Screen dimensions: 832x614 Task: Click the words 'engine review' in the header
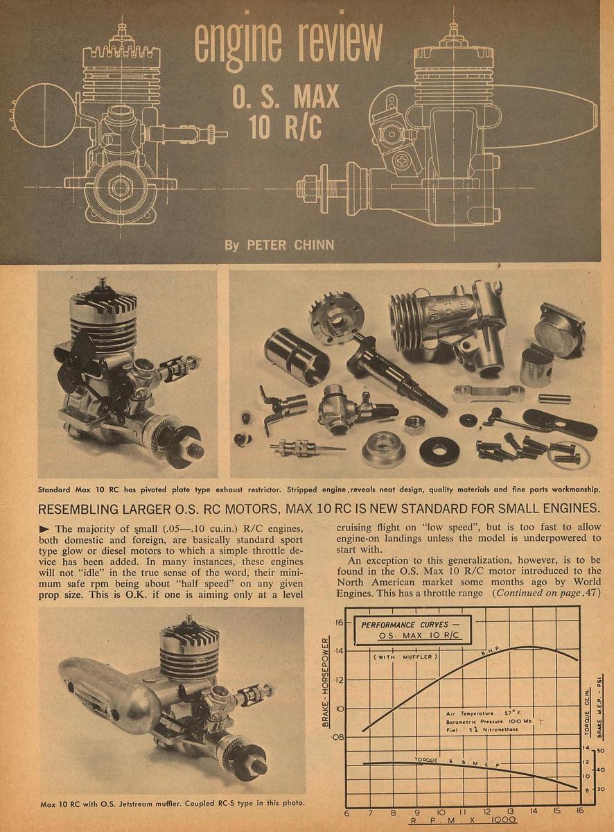coord(288,43)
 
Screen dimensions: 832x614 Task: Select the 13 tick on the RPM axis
coord(510,811)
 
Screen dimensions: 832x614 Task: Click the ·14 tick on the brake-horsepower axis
coord(339,651)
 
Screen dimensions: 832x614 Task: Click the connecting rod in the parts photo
coord(489,394)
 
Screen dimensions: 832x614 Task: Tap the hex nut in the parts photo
coord(414,424)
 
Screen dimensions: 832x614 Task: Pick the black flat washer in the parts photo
coord(439,451)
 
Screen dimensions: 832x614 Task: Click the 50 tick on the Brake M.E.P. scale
coord(600,751)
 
